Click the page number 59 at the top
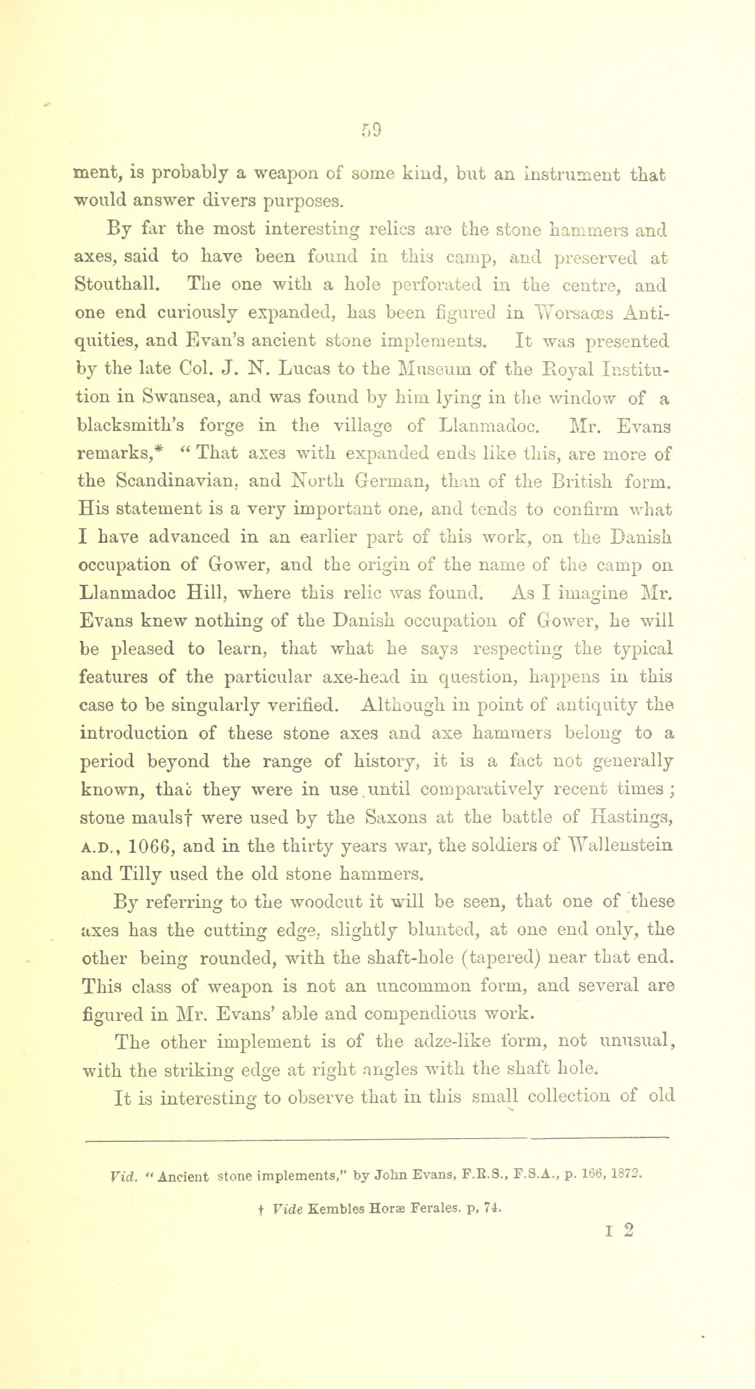372,130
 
